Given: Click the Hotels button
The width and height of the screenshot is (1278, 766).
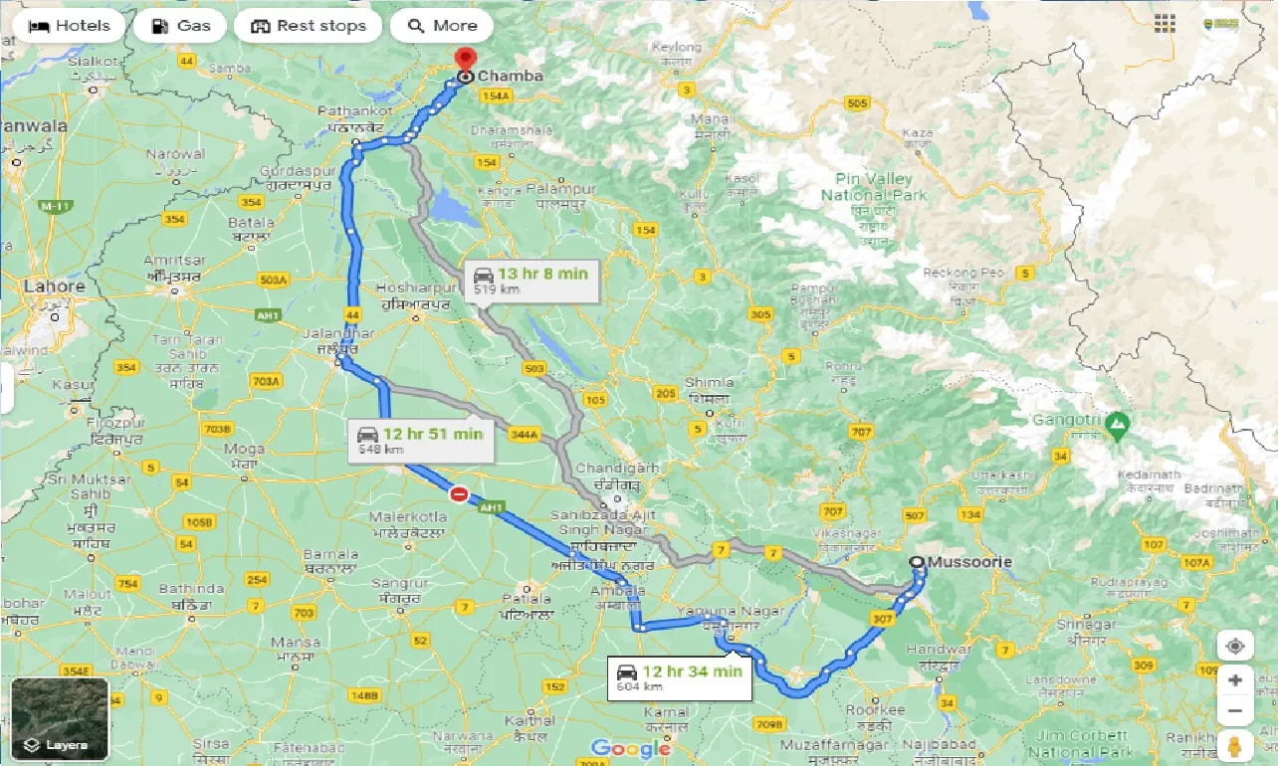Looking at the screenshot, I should click(69, 26).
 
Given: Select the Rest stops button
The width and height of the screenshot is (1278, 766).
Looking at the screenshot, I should click(309, 26).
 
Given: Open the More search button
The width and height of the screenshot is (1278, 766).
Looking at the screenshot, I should click(442, 26).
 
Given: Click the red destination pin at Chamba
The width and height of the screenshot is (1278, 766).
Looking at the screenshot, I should click(464, 60).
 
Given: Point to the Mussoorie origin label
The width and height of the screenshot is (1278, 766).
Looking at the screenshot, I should click(969, 562).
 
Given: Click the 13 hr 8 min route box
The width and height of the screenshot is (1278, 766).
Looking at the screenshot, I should click(531, 281).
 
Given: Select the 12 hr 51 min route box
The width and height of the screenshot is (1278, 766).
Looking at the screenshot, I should click(422, 441).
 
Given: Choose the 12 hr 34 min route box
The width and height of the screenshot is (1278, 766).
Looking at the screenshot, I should click(681, 678).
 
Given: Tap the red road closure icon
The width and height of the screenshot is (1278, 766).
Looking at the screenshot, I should click(459, 493).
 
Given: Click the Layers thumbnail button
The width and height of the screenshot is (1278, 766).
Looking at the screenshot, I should click(60, 719).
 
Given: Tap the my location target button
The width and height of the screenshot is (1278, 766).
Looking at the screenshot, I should click(1234, 647).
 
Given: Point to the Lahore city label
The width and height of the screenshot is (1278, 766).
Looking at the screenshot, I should click(54, 287).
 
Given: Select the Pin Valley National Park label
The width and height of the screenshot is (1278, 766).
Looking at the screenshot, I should click(874, 186).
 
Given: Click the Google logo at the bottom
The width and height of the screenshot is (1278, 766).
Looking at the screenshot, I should click(631, 748).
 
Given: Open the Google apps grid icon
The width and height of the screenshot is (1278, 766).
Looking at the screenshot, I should click(1164, 22).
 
